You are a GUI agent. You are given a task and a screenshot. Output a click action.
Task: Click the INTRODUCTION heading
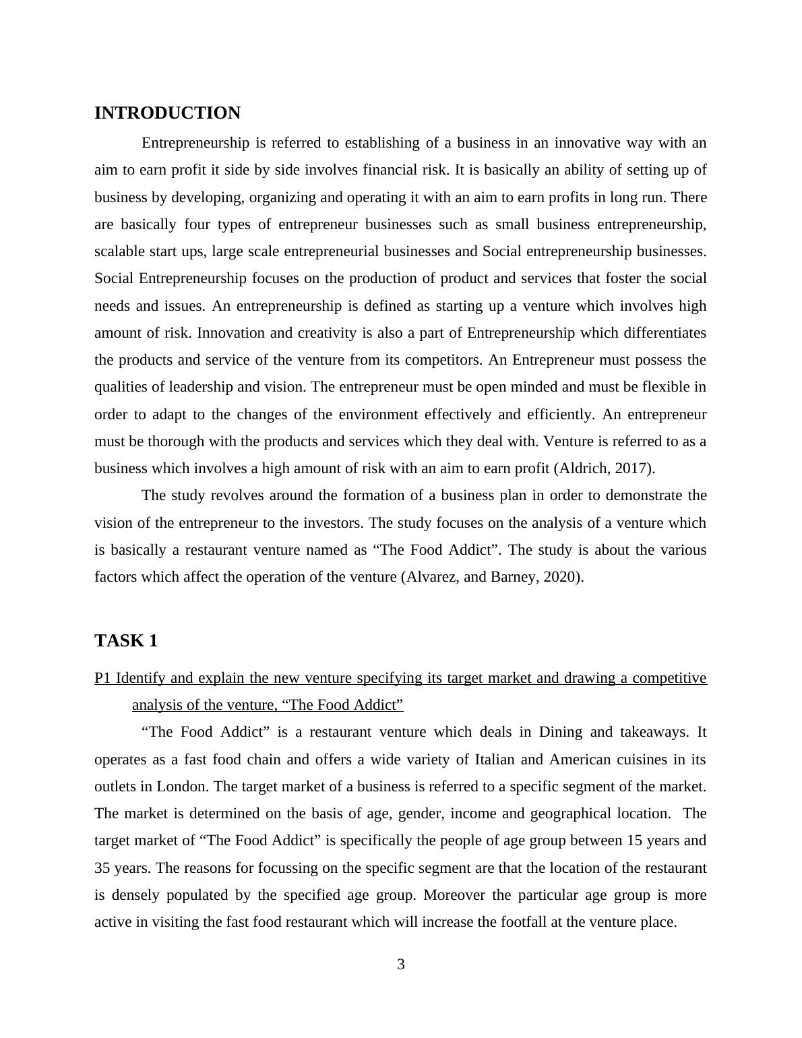click(x=167, y=113)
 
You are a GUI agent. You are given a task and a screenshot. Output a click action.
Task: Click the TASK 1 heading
click(x=126, y=640)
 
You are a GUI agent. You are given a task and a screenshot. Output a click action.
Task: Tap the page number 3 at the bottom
click(x=401, y=965)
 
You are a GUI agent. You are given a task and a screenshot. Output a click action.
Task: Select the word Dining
click(x=563, y=732)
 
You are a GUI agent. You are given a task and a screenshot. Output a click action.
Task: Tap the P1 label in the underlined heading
click(x=102, y=678)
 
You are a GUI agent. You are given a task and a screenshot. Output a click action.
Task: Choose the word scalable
click(x=119, y=251)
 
